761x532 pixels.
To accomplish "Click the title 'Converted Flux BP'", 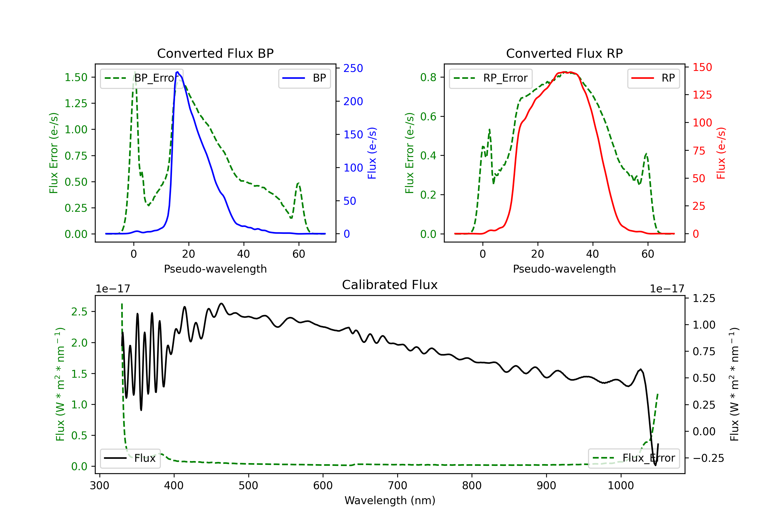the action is tap(215, 53).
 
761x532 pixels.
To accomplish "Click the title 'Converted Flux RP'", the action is tap(564, 53).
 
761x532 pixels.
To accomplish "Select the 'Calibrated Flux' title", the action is tap(390, 285).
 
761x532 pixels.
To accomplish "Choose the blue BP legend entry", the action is tap(304, 78).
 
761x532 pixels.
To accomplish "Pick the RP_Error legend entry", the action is tap(491, 78).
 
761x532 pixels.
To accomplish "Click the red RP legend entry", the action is tap(653, 78).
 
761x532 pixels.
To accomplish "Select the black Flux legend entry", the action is tap(130, 458).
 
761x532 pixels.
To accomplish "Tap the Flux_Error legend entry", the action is tap(634, 458).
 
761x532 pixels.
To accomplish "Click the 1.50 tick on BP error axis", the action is tap(76, 78).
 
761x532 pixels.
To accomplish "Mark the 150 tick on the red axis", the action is tap(702, 67).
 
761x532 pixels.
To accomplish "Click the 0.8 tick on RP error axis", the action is tap(428, 78).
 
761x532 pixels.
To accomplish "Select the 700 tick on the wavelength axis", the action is tap(397, 486).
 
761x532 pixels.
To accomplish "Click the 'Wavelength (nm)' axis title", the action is tap(390, 501).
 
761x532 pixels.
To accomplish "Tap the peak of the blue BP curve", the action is tap(178, 72).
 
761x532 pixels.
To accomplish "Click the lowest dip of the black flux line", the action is tap(655, 465).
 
